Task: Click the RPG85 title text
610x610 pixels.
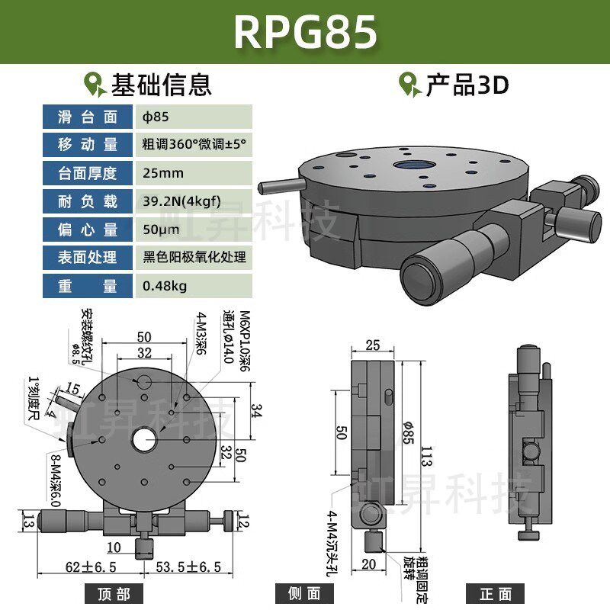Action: click(305, 32)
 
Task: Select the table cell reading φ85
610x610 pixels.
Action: click(156, 117)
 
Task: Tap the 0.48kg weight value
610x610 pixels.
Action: click(165, 286)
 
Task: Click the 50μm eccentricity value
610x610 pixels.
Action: click(161, 230)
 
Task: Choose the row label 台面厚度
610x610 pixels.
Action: click(88, 173)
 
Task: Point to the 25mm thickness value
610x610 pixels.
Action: click(163, 173)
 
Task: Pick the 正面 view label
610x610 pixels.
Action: click(496, 593)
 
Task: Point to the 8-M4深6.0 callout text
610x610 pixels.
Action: click(55, 480)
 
